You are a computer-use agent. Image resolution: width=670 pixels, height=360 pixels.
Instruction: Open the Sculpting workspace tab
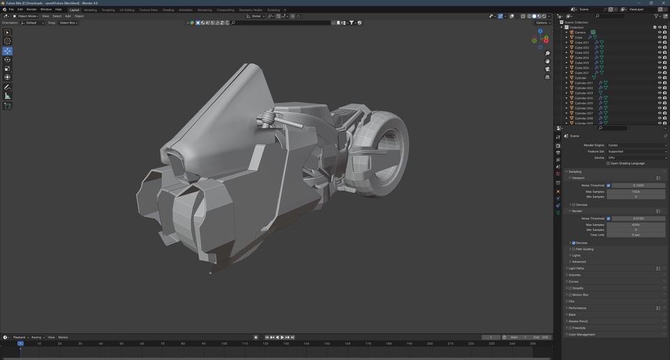108,10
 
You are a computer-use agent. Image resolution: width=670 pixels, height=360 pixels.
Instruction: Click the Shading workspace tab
168,10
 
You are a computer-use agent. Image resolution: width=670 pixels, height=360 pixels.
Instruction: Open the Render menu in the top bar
31,9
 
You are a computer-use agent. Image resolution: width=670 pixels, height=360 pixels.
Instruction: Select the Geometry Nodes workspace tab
250,10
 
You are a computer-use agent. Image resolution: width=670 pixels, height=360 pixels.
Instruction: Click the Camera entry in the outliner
580,32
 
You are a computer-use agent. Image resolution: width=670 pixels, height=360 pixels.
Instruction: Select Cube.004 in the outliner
581,57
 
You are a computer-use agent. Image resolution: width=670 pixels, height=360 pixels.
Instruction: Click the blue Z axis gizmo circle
540,31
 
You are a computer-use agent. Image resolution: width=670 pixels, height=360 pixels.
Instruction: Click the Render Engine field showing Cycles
636,145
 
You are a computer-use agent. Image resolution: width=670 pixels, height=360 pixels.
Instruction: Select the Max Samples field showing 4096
636,225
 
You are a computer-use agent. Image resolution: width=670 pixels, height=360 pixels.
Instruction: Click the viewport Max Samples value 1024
636,191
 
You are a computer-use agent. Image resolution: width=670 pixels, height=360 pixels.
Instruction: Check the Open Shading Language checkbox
609,163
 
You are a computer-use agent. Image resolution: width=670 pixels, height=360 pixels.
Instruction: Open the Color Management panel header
582,334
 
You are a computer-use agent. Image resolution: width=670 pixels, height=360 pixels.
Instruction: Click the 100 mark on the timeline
225,343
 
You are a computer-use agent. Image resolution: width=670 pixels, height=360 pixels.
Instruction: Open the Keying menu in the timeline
36,337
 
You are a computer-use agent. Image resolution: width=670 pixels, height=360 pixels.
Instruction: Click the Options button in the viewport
542,22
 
